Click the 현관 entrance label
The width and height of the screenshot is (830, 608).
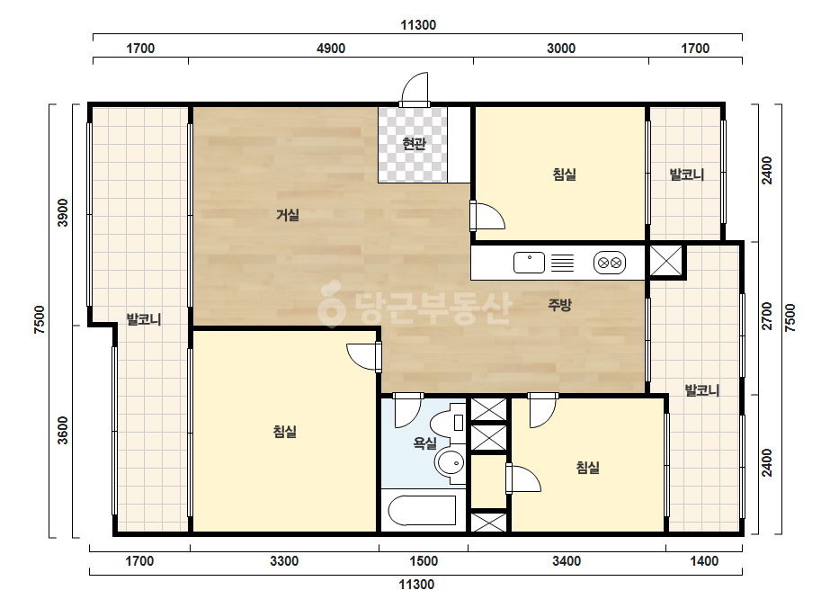tap(414, 144)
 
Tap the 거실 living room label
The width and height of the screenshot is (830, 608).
tap(288, 215)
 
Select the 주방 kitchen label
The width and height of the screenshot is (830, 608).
tap(560, 305)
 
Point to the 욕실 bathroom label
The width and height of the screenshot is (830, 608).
tap(425, 443)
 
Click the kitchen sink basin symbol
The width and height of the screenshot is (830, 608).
tap(529, 263)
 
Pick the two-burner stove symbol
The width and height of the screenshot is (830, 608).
tap(610, 263)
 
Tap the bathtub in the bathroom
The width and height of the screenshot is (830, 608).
tap(423, 510)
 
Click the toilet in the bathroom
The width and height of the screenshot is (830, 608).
tap(448, 422)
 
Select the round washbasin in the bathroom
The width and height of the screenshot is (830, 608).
tap(450, 464)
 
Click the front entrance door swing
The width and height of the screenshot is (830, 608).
tap(415, 89)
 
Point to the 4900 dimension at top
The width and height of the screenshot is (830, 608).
tap(331, 49)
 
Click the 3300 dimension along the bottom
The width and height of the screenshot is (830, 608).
tap(284, 561)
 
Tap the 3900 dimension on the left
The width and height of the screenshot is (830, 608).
tap(62, 213)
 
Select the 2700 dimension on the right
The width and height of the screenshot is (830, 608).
tap(767, 317)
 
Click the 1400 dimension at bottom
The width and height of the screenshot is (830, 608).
tap(704, 561)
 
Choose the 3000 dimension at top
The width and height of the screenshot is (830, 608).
tap(561, 49)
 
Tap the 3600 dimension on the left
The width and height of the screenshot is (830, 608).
tap(62, 431)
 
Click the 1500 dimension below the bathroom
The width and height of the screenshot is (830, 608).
tap(424, 561)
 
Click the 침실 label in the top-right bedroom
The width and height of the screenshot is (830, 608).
tap(564, 174)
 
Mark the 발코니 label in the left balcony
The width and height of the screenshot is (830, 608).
tap(144, 319)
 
